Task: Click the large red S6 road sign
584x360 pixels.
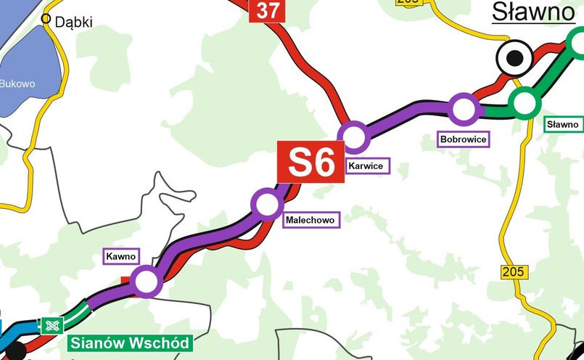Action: [311, 163]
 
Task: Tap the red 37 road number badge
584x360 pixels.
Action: [268, 10]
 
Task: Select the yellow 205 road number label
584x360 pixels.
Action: [514, 272]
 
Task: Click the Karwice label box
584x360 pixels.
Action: [368, 166]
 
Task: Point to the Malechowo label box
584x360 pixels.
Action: [312, 219]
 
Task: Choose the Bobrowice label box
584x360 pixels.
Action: [463, 139]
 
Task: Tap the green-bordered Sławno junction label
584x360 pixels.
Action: [563, 125]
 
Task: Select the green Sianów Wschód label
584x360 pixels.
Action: [129, 343]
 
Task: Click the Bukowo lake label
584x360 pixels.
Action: [17, 83]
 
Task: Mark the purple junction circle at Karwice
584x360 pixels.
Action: [355, 136]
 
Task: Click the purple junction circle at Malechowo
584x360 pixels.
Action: [267, 203]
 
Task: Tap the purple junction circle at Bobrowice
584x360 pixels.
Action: [464, 110]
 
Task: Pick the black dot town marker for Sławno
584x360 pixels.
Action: [514, 58]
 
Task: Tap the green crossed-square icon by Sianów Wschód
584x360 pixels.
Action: [52, 325]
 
